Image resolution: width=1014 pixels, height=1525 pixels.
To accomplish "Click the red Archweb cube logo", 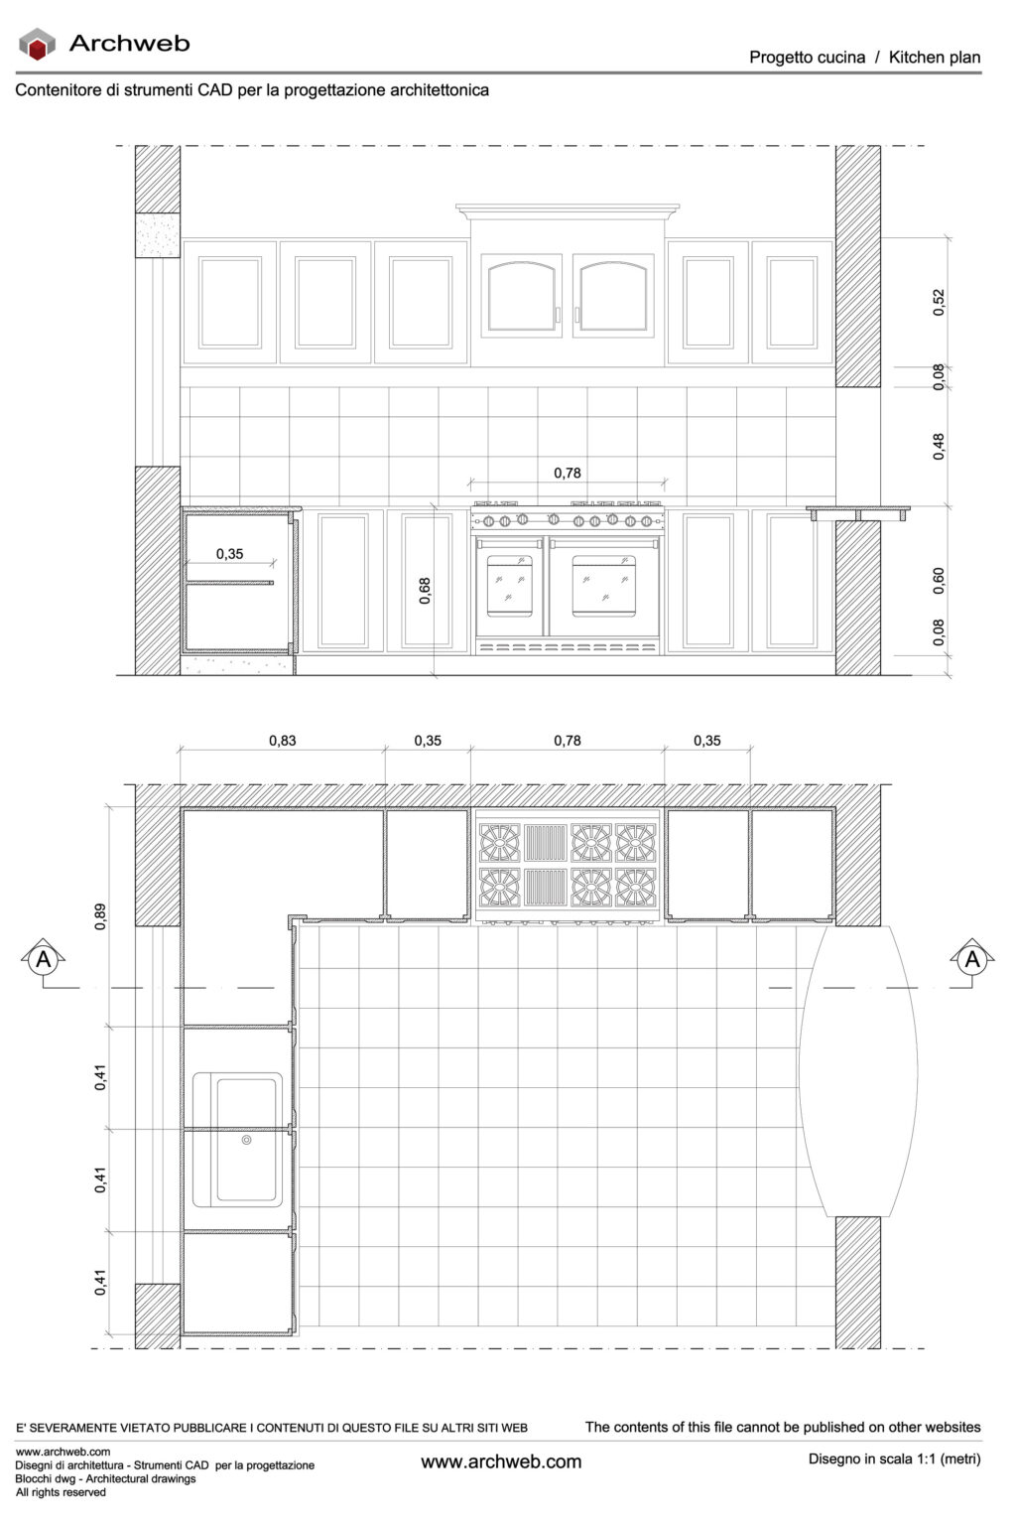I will click(38, 44).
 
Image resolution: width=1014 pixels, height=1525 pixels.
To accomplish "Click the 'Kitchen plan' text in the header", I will click(934, 58).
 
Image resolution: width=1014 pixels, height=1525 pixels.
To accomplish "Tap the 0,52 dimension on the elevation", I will click(939, 302).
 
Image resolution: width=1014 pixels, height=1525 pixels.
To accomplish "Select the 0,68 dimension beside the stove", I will click(425, 591).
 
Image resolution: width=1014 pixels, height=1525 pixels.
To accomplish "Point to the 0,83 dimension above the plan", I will click(283, 741).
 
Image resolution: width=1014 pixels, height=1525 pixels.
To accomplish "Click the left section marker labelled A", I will click(44, 960).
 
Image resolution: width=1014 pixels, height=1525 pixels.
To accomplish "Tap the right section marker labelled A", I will click(971, 960).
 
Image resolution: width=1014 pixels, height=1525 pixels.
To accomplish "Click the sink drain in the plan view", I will click(247, 1141).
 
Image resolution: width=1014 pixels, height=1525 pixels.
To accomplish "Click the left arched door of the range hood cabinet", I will click(521, 295).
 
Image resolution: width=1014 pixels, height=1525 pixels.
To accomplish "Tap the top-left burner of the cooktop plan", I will click(499, 843).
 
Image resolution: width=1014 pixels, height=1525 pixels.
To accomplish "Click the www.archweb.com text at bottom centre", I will click(501, 1461).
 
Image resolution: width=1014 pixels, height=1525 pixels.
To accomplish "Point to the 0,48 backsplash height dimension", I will click(939, 446).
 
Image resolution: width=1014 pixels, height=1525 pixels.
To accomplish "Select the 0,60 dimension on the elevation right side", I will click(939, 581).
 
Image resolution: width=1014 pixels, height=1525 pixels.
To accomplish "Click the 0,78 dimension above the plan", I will click(568, 741).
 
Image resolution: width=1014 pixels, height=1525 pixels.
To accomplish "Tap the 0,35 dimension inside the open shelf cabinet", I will click(229, 554).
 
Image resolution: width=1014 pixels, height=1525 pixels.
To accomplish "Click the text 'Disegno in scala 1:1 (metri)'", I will click(894, 1458).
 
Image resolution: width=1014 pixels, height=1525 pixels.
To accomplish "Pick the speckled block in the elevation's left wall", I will click(157, 236).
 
